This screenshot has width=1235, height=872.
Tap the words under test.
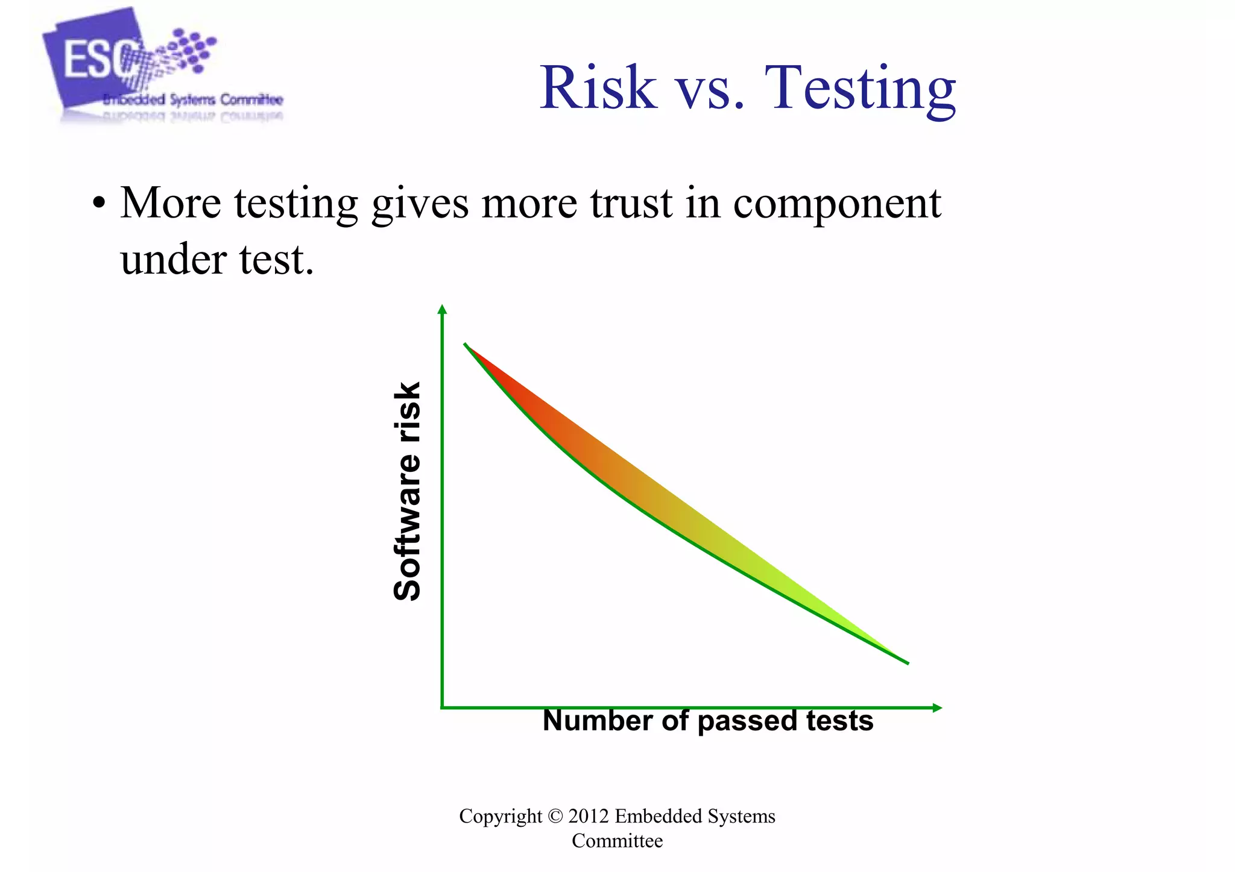click(217, 260)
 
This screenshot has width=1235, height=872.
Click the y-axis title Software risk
click(407, 491)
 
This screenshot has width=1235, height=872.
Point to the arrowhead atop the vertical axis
click(442, 310)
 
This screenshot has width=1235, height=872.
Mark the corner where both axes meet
click(442, 707)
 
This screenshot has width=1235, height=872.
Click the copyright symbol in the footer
click(555, 817)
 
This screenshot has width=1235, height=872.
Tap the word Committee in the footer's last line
click(617, 841)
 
